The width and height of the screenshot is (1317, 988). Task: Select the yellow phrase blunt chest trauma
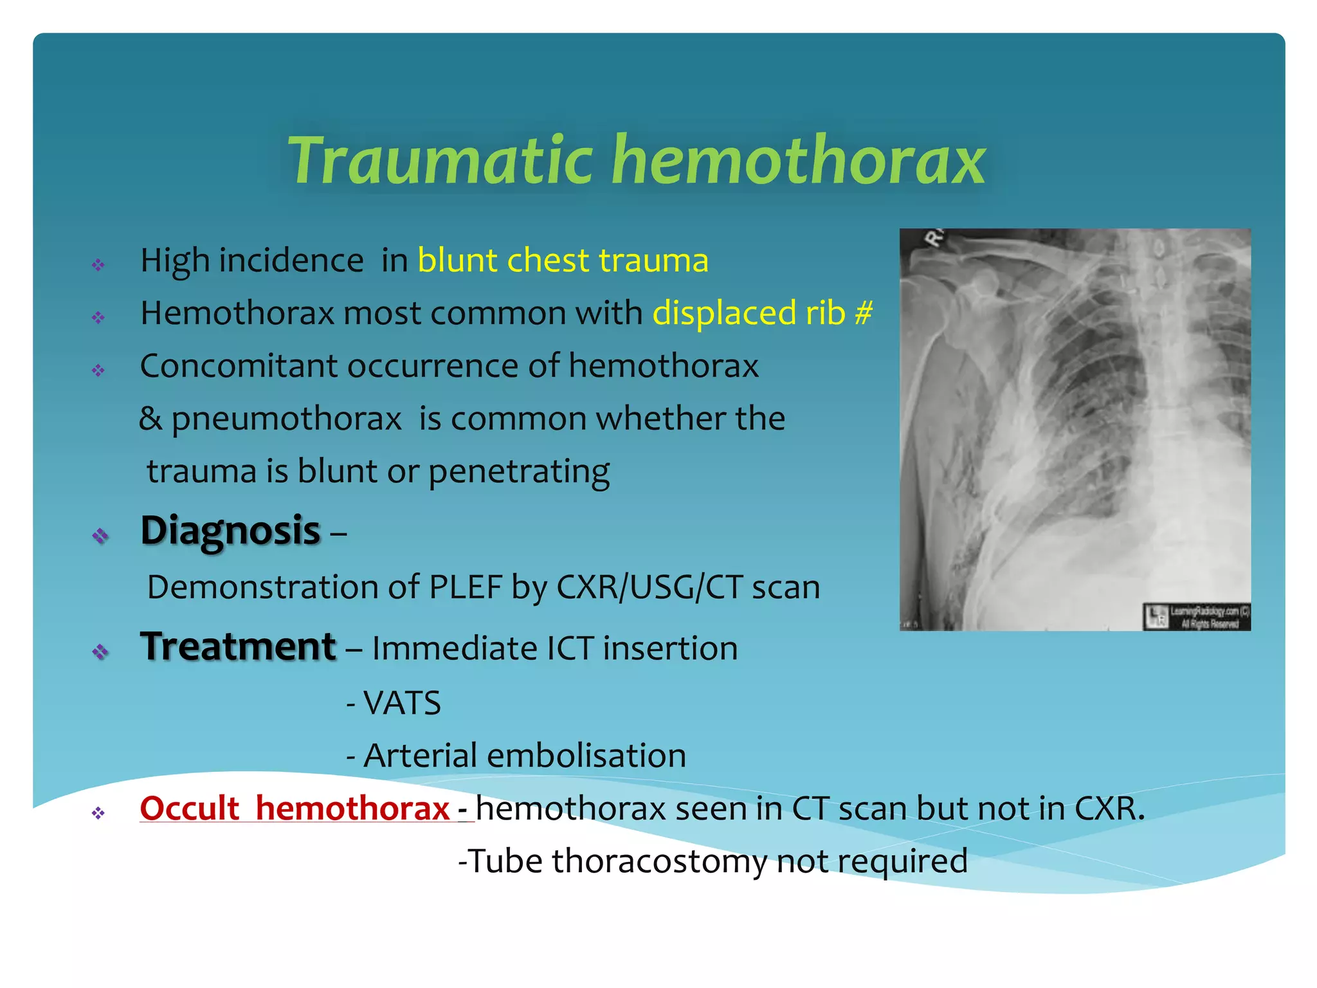(563, 261)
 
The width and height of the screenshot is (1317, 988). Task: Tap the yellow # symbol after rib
(864, 313)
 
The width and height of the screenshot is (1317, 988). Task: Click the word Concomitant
(239, 366)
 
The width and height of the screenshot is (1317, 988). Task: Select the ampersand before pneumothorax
(150, 419)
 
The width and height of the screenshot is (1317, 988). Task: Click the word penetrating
(519, 471)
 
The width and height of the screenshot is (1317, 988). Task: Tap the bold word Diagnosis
(230, 531)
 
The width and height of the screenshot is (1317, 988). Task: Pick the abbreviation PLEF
(465, 587)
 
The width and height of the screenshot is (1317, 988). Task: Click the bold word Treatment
(238, 646)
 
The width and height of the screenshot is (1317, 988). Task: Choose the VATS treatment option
(402, 703)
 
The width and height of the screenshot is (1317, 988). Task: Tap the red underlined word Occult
(190, 809)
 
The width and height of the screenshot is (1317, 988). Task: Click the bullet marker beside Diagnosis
(100, 535)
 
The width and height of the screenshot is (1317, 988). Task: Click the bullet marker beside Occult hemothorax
(98, 813)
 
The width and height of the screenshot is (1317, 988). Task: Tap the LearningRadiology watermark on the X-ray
(1197, 616)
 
